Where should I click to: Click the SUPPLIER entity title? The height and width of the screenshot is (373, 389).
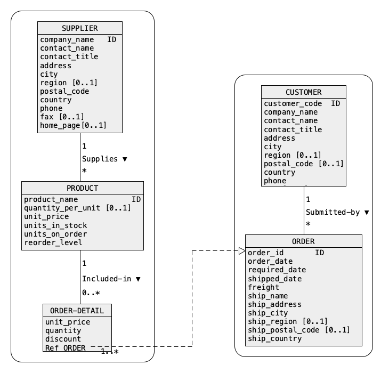click(x=80, y=28)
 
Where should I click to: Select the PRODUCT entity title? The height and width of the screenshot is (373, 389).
click(x=83, y=188)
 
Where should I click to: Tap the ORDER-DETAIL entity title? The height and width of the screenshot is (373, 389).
click(x=77, y=311)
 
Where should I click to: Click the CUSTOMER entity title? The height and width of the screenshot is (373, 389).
click(x=304, y=92)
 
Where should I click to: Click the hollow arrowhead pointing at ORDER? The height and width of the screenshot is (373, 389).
click(x=242, y=251)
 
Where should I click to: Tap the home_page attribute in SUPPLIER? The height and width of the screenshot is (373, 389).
click(x=60, y=126)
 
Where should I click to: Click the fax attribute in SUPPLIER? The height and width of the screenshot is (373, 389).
click(x=47, y=117)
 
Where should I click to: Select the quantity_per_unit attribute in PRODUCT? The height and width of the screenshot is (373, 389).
click(x=62, y=208)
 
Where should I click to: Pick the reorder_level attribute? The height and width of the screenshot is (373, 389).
click(x=53, y=242)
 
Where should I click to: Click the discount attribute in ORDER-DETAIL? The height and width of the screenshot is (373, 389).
click(x=63, y=339)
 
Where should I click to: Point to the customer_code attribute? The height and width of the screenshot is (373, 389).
click(x=293, y=104)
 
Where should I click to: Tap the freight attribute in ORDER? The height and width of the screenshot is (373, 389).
click(x=263, y=287)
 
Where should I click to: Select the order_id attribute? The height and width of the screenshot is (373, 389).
click(x=266, y=253)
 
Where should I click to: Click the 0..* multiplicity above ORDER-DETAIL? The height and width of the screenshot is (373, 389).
click(x=91, y=293)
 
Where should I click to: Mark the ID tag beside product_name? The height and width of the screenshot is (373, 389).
click(x=136, y=199)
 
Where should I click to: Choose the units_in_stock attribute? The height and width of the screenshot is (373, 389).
click(x=55, y=225)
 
